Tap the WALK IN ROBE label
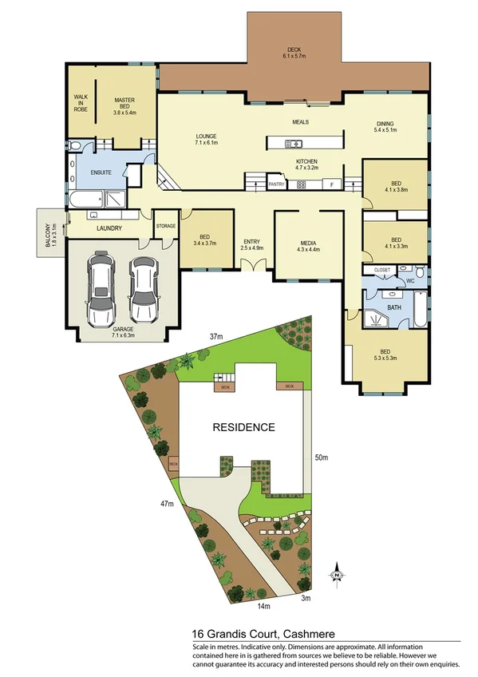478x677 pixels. point(80,102)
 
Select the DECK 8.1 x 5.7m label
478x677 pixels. point(294,52)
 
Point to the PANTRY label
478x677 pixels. point(276,184)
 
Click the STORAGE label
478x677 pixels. point(166,226)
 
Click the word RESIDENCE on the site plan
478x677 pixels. point(243,427)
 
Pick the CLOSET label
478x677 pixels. point(381,270)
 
